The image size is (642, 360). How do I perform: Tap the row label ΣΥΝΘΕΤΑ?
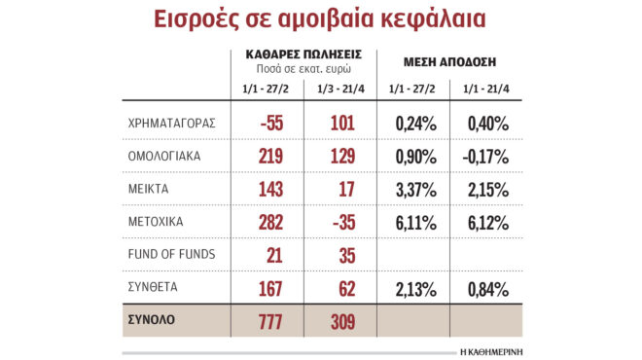point(154,288)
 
